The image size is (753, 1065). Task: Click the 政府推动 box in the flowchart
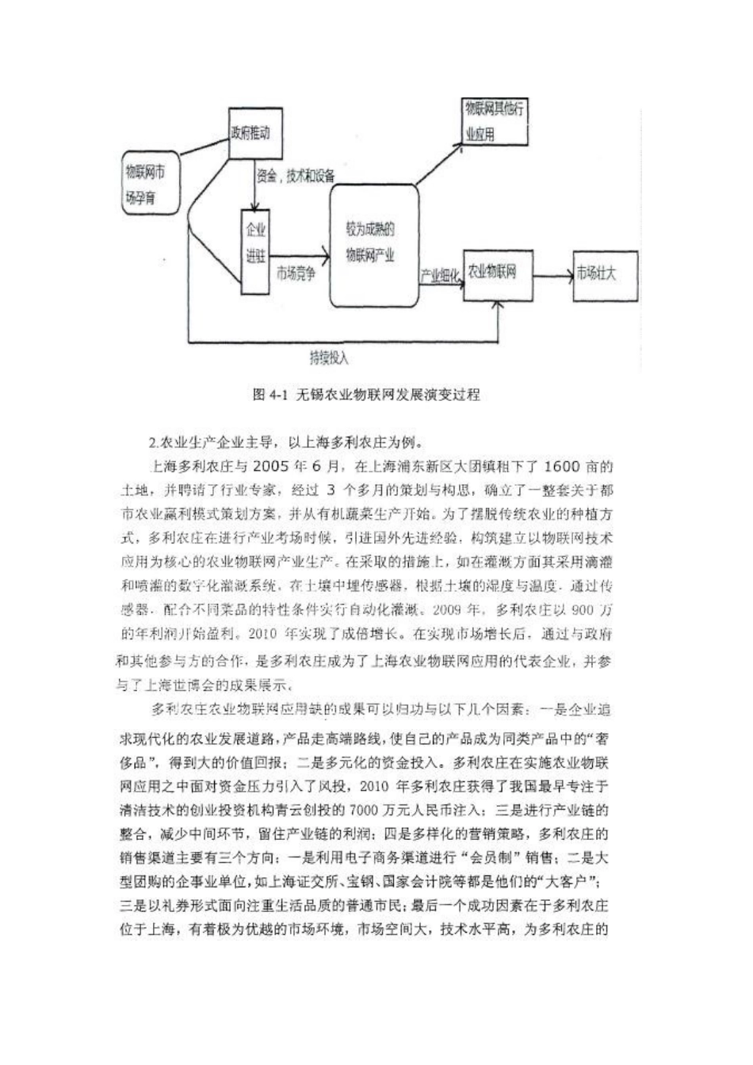click(250, 133)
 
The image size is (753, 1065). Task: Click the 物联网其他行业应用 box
click(494, 121)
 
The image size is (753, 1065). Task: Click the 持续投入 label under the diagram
click(328, 357)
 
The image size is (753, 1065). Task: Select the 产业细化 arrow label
click(439, 274)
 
